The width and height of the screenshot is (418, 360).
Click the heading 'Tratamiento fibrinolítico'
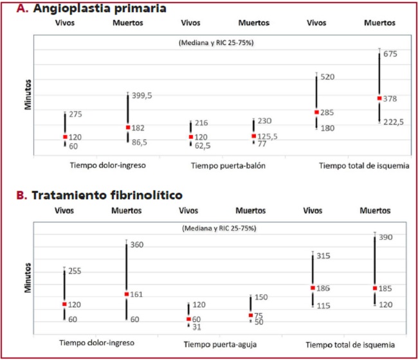(107, 194)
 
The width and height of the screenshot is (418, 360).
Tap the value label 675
(390, 54)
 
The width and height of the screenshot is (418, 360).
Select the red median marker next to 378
(379, 98)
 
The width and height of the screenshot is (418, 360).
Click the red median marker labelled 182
(127, 127)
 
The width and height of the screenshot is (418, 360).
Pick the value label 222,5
(393, 122)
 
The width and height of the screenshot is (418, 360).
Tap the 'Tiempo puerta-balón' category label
(228, 165)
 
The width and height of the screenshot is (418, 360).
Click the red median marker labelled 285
(316, 112)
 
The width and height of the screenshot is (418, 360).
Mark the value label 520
(327, 77)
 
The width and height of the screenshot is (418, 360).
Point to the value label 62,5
(203, 146)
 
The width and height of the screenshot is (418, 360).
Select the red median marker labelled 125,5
(253, 136)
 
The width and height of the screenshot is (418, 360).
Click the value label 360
(138, 245)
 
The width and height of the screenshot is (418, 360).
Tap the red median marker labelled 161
(127, 294)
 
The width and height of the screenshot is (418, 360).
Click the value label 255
(75, 271)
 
